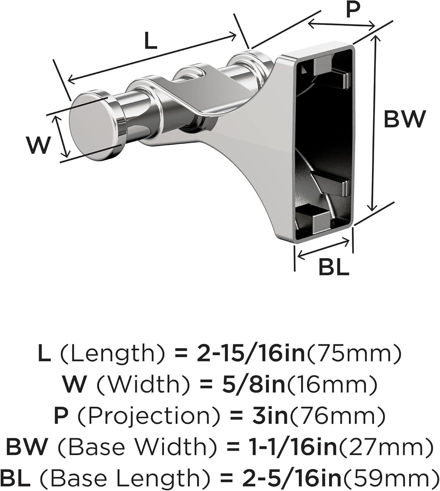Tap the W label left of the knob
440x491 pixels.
[39, 145]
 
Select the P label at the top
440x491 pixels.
[353, 10]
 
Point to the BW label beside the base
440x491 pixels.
[405, 119]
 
